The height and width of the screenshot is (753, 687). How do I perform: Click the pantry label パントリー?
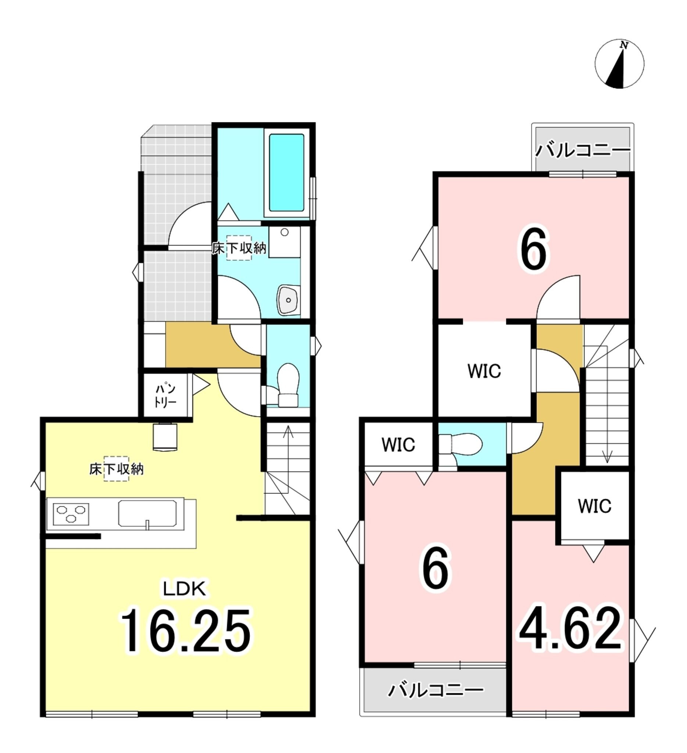[x=165, y=396]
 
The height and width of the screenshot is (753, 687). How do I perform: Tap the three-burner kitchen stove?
[x=71, y=514]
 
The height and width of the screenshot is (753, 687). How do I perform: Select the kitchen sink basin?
[x=147, y=514]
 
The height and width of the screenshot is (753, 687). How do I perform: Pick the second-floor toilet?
[x=460, y=445]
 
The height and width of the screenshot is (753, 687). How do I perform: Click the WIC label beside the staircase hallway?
[x=484, y=371]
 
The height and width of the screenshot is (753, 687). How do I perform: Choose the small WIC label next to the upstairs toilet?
[x=398, y=445]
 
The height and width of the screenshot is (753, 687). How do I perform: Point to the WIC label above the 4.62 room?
[x=595, y=506]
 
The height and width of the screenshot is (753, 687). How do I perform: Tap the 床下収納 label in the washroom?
[x=239, y=248]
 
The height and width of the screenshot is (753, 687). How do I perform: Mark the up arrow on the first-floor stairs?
[x=288, y=453]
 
